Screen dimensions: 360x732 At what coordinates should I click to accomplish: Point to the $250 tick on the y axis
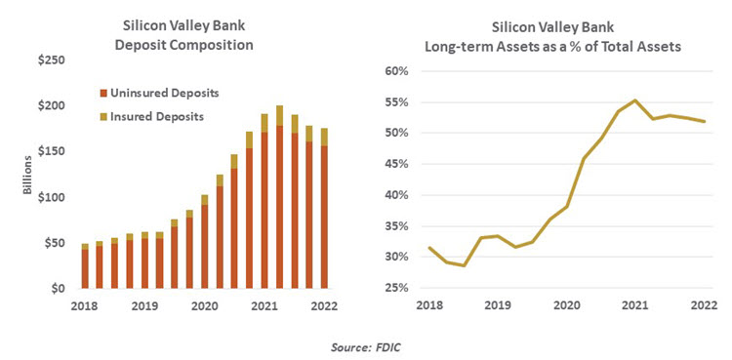coord(52,60)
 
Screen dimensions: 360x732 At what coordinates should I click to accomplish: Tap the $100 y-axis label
coord(52,198)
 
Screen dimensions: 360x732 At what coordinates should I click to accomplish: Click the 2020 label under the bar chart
coord(204,305)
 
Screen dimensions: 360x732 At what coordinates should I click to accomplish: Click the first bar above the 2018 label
coord(85,266)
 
